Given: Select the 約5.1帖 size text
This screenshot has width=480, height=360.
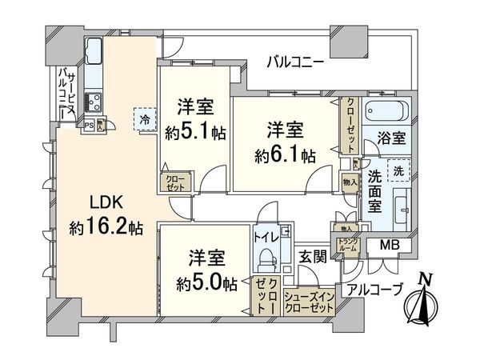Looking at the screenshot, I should (x=196, y=133).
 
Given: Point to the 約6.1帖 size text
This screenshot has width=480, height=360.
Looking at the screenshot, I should (x=286, y=152).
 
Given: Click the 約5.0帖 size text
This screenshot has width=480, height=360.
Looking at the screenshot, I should (x=207, y=282).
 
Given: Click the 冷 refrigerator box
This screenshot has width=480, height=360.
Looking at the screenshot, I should (x=145, y=120).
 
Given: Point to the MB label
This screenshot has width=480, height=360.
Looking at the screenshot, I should (x=389, y=245).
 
